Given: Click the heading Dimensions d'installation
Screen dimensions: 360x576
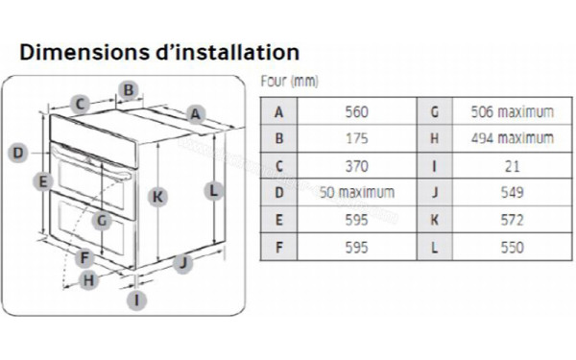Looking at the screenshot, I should point(159,52).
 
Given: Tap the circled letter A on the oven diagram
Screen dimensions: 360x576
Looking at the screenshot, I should point(196,113).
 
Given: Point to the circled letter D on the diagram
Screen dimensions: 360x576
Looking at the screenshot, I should point(17,152).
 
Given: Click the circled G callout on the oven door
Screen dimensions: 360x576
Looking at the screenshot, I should point(103,220).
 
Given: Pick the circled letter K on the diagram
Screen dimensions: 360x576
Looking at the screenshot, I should point(158,196).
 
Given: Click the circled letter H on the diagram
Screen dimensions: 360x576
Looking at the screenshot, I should point(88,280).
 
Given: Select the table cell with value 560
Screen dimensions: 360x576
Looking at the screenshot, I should point(355,111).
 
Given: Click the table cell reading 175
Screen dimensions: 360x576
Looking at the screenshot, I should point(355,138).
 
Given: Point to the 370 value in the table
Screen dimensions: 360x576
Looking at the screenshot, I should point(355,165).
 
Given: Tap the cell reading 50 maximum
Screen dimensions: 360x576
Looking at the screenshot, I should point(355,192).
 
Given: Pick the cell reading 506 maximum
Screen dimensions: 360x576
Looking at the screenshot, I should point(512,111).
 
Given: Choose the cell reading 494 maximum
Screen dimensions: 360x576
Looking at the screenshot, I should point(512,138).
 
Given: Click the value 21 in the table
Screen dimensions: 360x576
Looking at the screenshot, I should point(512,165).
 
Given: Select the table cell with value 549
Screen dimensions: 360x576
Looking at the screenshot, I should point(512,192).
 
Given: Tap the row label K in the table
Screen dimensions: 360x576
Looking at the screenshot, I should point(435,220).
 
